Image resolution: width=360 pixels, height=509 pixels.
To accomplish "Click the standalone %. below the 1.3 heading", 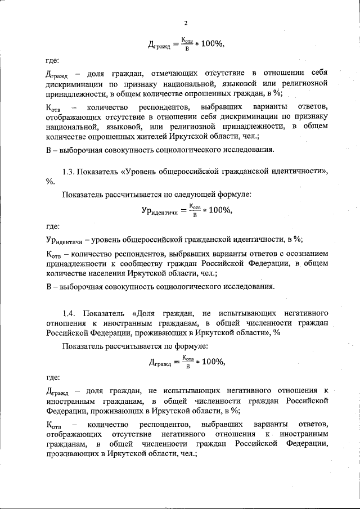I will tap(51, 181).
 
